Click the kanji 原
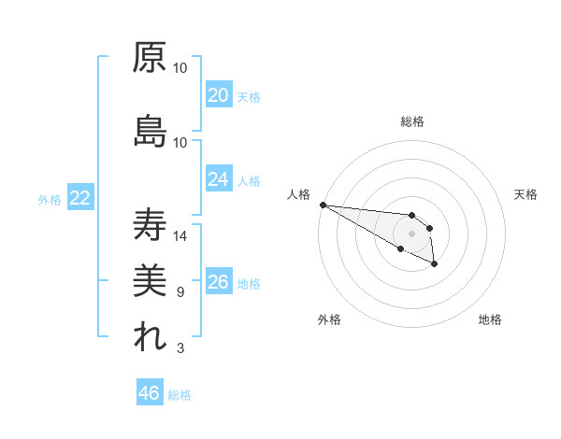click(150, 57)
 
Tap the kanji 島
click(150, 132)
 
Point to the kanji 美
click(150, 281)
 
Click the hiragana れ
click(150, 338)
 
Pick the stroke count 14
click(180, 236)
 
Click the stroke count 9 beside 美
click(180, 292)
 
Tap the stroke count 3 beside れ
click(180, 348)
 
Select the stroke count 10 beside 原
click(180, 68)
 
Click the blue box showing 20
click(219, 95)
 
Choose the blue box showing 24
click(219, 179)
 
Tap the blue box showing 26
click(219, 282)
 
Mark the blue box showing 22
click(79, 198)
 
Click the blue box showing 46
click(150, 393)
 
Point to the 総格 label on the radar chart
click(412, 121)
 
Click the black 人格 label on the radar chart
click(298, 194)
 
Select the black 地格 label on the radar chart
click(490, 319)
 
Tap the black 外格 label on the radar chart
click(329, 319)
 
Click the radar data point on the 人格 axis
click(323, 205)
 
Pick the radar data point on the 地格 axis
click(435, 265)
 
